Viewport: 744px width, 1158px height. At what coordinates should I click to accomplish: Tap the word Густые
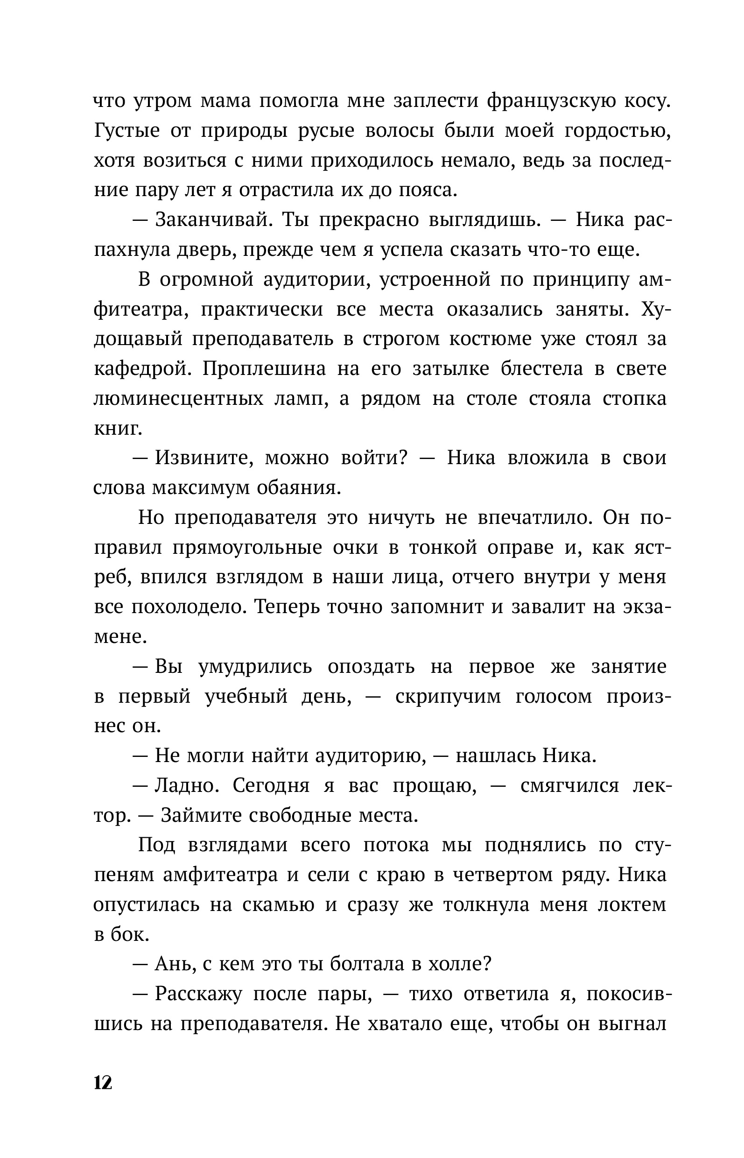point(126,131)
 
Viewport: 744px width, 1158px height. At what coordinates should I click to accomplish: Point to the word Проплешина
point(264,369)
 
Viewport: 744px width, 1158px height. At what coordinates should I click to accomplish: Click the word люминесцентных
point(178,399)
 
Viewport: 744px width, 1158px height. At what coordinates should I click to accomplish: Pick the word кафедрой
point(141,369)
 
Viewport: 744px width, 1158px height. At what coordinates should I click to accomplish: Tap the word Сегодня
point(271,786)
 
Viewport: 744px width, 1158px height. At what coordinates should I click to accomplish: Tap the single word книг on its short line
point(118,429)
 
